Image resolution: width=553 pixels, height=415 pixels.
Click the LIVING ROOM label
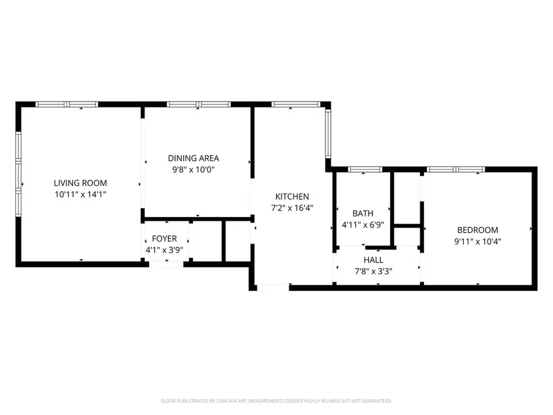click(x=80, y=183)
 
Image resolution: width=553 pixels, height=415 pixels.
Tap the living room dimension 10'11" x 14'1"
click(x=80, y=194)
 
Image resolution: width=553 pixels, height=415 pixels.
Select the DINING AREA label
click(x=194, y=158)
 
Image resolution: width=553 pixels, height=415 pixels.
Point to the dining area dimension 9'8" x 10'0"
click(x=194, y=170)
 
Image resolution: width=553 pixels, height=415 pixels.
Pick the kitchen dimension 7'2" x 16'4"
click(x=292, y=208)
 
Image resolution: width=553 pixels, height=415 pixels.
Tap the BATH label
click(x=363, y=213)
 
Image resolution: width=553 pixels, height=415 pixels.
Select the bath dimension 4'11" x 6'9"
click(x=363, y=225)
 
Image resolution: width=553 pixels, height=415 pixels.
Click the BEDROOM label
click(x=477, y=230)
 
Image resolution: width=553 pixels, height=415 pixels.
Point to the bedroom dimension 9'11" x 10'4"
click(x=477, y=242)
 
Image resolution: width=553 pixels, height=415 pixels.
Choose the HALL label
click(x=373, y=260)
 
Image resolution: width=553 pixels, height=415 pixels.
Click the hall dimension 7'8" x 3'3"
click(x=373, y=271)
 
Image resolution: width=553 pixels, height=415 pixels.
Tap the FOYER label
click(x=165, y=239)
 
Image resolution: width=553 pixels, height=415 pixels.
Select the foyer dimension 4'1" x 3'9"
click(x=165, y=250)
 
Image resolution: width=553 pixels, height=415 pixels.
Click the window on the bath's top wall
click(x=365, y=169)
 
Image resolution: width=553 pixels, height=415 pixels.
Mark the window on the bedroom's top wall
click(x=456, y=169)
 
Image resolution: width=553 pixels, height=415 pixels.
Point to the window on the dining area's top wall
click(x=198, y=105)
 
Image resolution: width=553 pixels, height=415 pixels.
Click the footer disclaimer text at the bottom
click(x=276, y=401)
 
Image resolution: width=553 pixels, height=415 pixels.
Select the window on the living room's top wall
click(x=67, y=105)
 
